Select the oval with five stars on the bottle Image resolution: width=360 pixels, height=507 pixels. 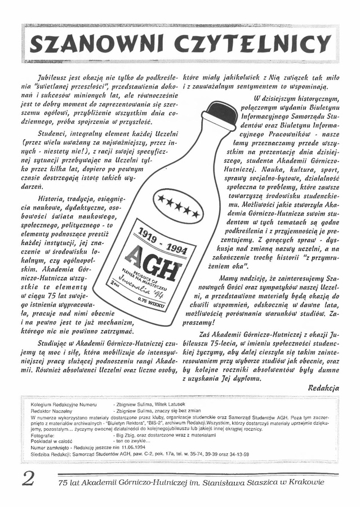pyautogui.click(x=178, y=204)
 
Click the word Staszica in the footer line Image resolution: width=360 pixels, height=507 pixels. pyautogui.click(x=251, y=482)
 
